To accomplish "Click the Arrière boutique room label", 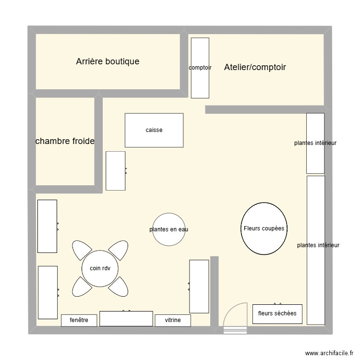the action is point(108,61).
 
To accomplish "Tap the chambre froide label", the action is point(65,141).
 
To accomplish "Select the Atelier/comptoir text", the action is point(255,67).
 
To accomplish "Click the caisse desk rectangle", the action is point(154,130).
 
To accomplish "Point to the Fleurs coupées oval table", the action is point(264,228).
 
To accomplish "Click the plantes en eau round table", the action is point(169,229).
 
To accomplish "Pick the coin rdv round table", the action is point(100,268).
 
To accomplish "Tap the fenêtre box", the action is point(79,320).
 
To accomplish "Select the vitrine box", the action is point(173,320).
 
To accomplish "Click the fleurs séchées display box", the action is point(277,314).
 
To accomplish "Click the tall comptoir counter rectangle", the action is point(200,68).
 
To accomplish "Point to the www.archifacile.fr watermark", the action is point(329,353).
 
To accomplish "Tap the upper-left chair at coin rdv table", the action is point(81,249).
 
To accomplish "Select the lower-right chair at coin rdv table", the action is point(119,288).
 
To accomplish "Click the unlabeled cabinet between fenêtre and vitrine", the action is point(126,318).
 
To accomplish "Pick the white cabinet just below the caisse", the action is point(116,171).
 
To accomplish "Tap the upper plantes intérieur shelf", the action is point(315,143).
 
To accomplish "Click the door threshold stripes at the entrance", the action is point(235,330).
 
